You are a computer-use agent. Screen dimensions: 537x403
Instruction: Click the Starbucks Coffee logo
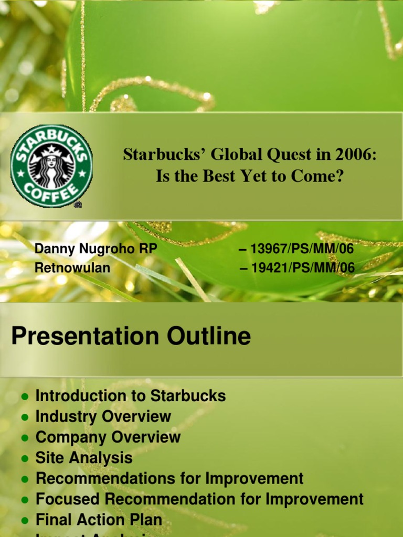click(x=51, y=166)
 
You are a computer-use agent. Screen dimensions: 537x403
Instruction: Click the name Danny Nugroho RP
click(x=96, y=249)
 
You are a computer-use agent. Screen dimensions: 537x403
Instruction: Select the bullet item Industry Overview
click(x=103, y=417)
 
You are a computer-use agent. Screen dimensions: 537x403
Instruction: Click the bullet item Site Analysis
click(x=84, y=458)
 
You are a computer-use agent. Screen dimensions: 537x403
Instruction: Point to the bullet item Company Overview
click(x=108, y=437)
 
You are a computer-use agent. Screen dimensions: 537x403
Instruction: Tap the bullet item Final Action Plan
click(x=99, y=520)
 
